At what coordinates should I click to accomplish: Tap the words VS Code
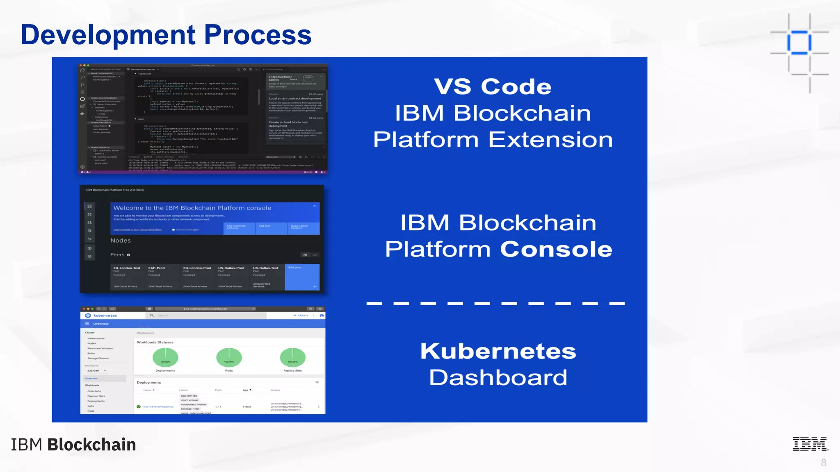[x=493, y=86]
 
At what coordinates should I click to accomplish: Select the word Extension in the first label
[x=550, y=140]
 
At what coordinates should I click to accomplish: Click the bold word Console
[x=556, y=249]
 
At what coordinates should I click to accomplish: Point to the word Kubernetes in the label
[x=498, y=351]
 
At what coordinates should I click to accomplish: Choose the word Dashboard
[x=498, y=377]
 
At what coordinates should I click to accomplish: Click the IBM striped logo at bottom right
[x=810, y=444]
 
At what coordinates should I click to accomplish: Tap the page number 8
[x=823, y=463]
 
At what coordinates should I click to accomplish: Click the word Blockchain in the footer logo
[x=91, y=445]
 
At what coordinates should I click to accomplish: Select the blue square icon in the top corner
[x=799, y=43]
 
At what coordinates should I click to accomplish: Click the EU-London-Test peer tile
[x=127, y=277]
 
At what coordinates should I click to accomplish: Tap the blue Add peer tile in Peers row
[x=302, y=277]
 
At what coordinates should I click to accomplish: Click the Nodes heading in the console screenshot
[x=120, y=241]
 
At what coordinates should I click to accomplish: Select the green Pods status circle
[x=229, y=357]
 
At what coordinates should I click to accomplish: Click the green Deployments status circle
[x=165, y=357]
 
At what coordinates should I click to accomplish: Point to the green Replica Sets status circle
[x=292, y=357]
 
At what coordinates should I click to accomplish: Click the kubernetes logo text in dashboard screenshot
[x=105, y=315]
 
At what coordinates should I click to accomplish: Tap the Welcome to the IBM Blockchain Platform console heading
[x=192, y=208]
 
